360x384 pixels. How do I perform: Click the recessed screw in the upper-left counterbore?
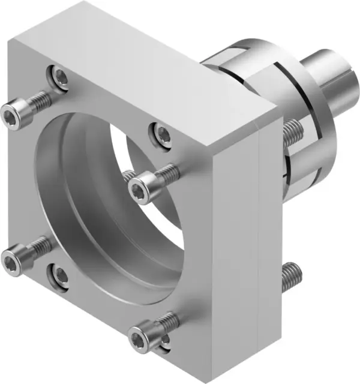(60, 76)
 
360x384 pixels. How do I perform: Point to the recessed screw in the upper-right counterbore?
(161, 131)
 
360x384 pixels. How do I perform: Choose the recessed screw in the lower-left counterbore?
(60, 275)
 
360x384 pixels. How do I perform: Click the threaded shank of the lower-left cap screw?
(37, 246)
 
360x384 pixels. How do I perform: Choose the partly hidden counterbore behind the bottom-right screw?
(165, 342)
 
